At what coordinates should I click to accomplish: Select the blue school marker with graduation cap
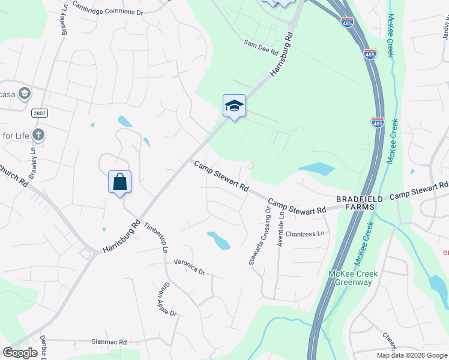[x=234, y=106]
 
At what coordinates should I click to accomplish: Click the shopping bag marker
[x=119, y=181]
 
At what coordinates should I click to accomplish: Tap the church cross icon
[x=38, y=134]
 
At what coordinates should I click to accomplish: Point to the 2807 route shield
[x=39, y=113]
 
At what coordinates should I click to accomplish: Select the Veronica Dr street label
[x=189, y=266]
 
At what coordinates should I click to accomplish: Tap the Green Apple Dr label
[x=166, y=300]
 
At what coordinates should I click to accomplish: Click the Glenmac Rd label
[x=109, y=342]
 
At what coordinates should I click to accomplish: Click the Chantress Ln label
[x=305, y=233]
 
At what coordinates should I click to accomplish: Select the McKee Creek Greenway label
[x=353, y=278]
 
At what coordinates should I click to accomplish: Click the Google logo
[x=20, y=353]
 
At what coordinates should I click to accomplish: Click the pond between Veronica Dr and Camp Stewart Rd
[x=218, y=240]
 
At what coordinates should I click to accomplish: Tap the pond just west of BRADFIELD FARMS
[x=316, y=169]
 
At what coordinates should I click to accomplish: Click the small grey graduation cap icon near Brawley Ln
[x=25, y=93]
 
